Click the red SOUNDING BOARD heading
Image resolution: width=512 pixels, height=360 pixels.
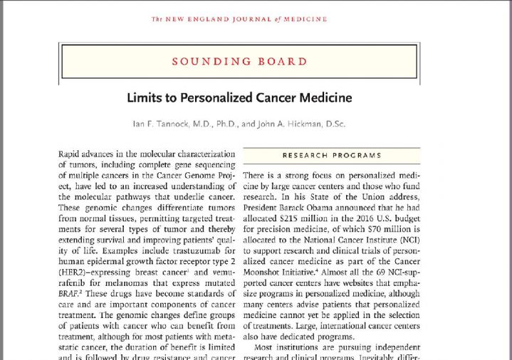point(240,62)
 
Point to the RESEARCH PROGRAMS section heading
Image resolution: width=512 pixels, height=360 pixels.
point(332,155)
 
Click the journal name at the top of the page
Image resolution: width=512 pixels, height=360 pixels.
point(240,19)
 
